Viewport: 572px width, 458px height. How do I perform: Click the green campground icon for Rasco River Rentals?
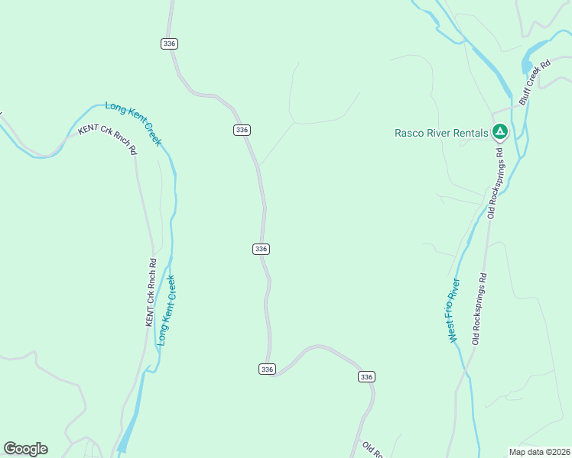(499, 132)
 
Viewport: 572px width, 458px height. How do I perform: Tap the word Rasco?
(409, 133)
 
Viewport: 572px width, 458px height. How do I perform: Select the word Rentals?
(469, 133)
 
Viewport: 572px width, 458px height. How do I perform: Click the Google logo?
(25, 449)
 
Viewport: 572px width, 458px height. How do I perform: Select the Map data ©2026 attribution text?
(538, 451)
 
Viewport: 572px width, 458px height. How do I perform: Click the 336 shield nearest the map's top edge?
(170, 44)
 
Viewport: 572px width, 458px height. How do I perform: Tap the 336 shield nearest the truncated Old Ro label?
(366, 377)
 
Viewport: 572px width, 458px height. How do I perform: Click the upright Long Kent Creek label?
(166, 310)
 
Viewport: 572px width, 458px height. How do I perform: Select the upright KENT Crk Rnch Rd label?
(151, 293)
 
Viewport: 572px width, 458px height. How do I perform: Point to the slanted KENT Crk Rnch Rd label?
(108, 139)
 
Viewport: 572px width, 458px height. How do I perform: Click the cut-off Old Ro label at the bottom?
(371, 450)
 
